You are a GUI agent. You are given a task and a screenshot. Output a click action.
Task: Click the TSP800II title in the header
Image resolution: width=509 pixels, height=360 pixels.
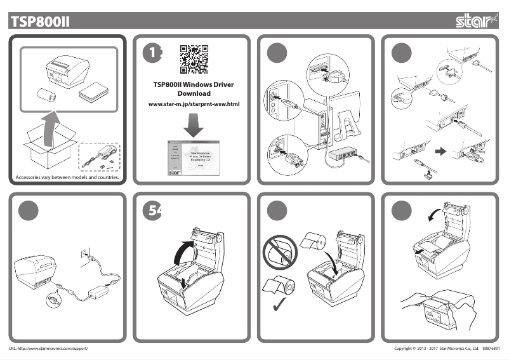coord(39,22)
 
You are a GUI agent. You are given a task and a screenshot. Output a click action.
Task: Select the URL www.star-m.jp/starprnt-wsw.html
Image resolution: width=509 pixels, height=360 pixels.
coord(194,103)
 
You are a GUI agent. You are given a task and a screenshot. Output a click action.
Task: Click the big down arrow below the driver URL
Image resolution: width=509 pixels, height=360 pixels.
coord(193,125)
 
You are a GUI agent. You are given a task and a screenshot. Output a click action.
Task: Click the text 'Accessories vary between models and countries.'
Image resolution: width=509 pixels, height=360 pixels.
coord(67,177)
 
